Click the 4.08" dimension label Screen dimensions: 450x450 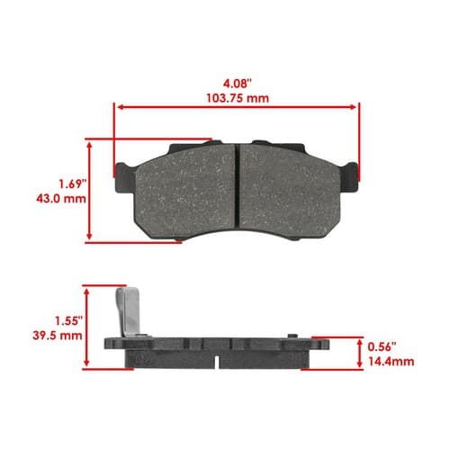[x=237, y=84]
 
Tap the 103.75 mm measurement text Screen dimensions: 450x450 [x=238, y=98]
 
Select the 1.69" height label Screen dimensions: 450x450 [x=72, y=184]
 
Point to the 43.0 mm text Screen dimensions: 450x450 [x=61, y=199]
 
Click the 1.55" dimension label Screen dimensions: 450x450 [x=68, y=320]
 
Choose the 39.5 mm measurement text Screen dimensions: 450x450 [x=58, y=336]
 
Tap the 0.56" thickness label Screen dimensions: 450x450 [x=382, y=347]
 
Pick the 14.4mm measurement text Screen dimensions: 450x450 [x=391, y=362]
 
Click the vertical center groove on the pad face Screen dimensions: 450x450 [x=237, y=184]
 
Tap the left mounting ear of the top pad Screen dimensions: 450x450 [x=123, y=177]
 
